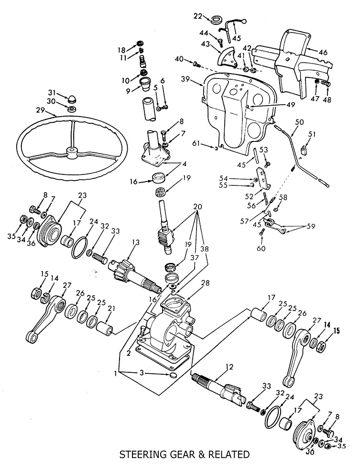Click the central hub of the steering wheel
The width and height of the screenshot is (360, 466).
(x=72, y=152)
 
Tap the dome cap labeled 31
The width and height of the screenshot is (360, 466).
(x=70, y=98)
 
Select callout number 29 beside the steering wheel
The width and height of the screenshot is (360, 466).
(x=41, y=111)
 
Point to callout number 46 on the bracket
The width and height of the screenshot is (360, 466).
(x=323, y=52)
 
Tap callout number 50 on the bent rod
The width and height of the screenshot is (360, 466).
(x=300, y=122)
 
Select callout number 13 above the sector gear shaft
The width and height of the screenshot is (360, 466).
(x=136, y=242)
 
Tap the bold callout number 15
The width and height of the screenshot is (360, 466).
(x=336, y=330)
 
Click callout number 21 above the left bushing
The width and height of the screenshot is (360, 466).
(x=111, y=309)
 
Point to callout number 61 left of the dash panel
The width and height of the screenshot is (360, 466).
(x=196, y=144)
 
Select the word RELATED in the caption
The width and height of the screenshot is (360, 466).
(x=229, y=455)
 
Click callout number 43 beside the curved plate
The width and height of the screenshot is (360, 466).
(x=205, y=43)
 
